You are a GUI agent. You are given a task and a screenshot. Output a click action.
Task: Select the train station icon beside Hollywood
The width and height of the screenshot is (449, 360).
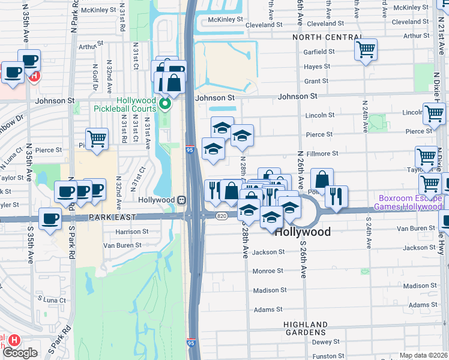tap(181, 200)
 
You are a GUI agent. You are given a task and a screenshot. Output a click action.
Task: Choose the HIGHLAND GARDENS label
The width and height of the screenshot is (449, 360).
tap(306, 328)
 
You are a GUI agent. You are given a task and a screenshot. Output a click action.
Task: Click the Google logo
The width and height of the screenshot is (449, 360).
tap(20, 353)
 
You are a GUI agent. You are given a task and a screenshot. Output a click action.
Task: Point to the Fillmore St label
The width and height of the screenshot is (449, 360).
tap(322, 154)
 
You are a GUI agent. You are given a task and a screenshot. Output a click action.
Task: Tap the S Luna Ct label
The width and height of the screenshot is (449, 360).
tap(51, 299)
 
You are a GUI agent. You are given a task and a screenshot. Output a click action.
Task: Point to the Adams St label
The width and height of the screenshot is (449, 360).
tap(268, 310)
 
